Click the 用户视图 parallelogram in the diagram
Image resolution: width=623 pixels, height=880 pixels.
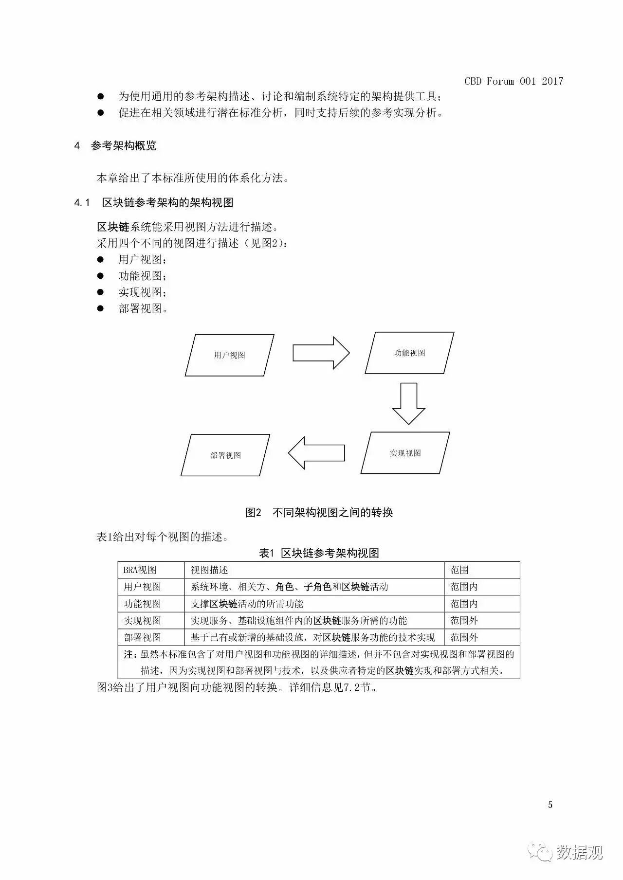[229, 355]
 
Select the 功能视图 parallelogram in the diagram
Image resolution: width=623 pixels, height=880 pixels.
[409, 353]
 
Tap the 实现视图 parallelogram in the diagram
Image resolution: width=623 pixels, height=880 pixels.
[405, 453]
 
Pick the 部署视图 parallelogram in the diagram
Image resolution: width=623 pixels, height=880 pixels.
[225, 455]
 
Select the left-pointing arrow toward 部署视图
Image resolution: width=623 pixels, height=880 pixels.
[316, 453]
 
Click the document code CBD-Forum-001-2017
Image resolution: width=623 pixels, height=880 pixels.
[513, 81]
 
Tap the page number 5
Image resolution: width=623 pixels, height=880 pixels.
[550, 805]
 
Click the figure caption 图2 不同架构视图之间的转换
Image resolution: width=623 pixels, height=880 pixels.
[319, 512]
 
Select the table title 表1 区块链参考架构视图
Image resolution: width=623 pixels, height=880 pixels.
[319, 553]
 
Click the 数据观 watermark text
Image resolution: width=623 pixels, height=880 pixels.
[579, 852]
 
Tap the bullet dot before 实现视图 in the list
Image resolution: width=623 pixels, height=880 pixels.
[101, 292]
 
